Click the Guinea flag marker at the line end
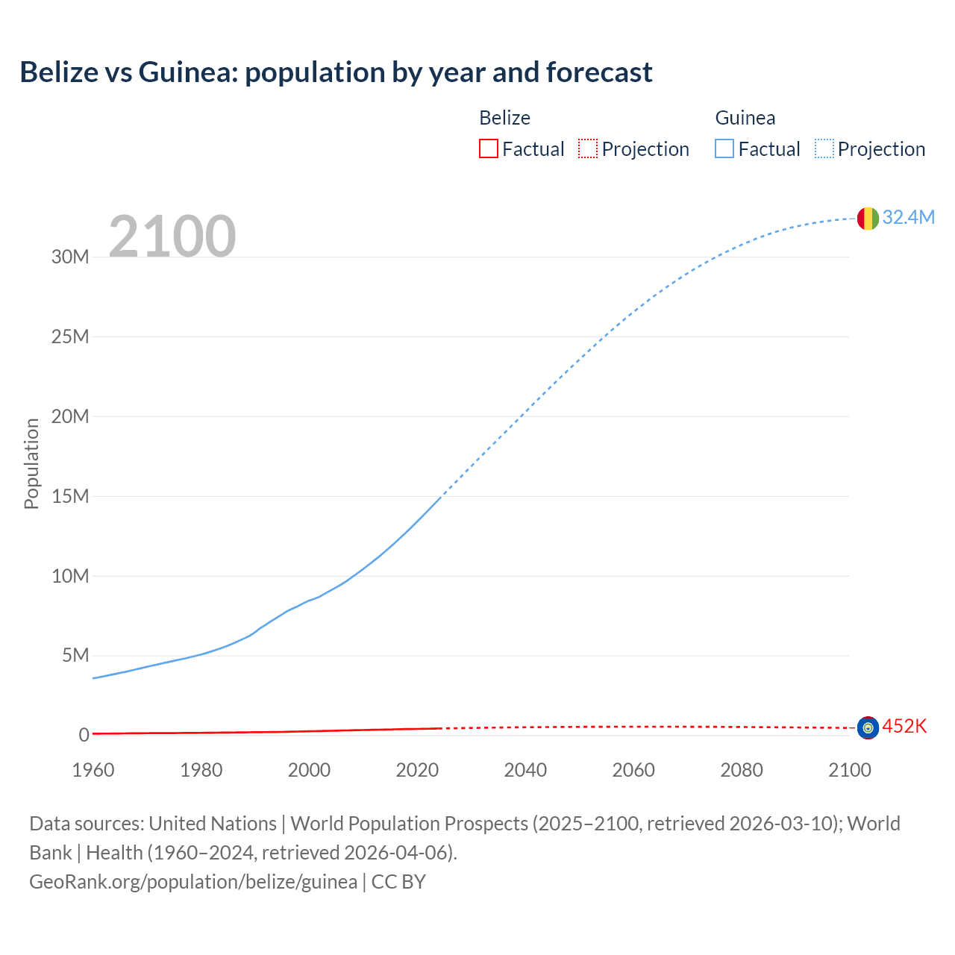pyautogui.click(x=868, y=218)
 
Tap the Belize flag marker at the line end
pyautogui.click(x=868, y=727)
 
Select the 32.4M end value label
pyautogui.click(x=908, y=217)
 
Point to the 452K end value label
pyautogui.click(x=904, y=727)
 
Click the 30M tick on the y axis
pyautogui.click(x=70, y=257)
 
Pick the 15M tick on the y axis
pyautogui.click(x=70, y=496)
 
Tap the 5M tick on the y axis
pyautogui.click(x=75, y=656)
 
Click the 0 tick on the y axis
pyautogui.click(x=84, y=736)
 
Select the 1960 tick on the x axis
pyautogui.click(x=93, y=770)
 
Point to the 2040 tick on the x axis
pyautogui.click(x=525, y=770)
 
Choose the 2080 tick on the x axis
pyautogui.click(x=742, y=770)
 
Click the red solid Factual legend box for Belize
pyautogui.click(x=489, y=148)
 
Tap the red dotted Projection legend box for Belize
pyautogui.click(x=588, y=148)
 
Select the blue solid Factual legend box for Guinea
pyautogui.click(x=724, y=148)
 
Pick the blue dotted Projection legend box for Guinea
pyautogui.click(x=824, y=148)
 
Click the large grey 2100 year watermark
pyautogui.click(x=172, y=237)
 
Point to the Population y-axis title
pyautogui.click(x=31, y=463)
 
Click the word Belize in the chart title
pyautogui.click(x=59, y=72)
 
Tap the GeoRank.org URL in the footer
pyautogui.click(x=193, y=881)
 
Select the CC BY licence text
pyautogui.click(x=398, y=881)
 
